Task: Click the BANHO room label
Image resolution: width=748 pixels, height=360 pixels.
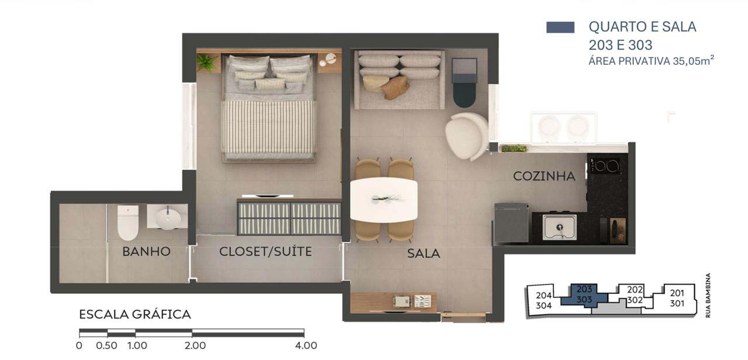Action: pyautogui.click(x=146, y=251)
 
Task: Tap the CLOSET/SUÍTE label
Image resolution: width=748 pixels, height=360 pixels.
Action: pyautogui.click(x=265, y=251)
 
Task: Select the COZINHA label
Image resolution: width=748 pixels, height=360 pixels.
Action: pyautogui.click(x=544, y=176)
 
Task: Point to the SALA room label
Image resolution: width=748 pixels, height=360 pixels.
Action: pyautogui.click(x=424, y=254)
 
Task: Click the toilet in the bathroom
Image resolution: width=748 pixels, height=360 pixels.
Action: pyautogui.click(x=128, y=223)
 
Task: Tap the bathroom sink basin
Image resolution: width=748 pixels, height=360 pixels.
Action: pyautogui.click(x=168, y=219)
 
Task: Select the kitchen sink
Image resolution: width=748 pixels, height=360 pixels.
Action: pyautogui.click(x=559, y=227)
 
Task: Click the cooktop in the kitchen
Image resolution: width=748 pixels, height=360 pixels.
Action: pyautogui.click(x=604, y=165)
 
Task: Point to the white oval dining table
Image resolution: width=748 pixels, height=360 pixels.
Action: pyautogui.click(x=384, y=200)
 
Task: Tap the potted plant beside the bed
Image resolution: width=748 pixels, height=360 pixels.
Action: pyautogui.click(x=206, y=63)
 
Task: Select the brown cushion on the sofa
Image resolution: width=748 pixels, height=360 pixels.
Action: pyautogui.click(x=396, y=88)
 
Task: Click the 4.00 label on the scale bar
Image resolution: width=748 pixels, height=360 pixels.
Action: pyautogui.click(x=306, y=345)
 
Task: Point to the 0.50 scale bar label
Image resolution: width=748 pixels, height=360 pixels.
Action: pyautogui.click(x=106, y=345)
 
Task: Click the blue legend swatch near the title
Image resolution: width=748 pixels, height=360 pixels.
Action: pyautogui.click(x=560, y=27)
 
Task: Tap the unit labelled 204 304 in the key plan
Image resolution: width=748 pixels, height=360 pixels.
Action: pyautogui.click(x=543, y=300)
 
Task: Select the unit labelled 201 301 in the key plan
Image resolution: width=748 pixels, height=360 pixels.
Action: pyautogui.click(x=677, y=299)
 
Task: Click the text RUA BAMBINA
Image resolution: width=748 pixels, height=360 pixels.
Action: pyautogui.click(x=708, y=295)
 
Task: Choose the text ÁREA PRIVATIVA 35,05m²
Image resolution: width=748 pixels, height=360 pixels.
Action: pyautogui.click(x=651, y=61)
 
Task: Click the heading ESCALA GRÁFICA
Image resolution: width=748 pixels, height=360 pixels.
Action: pyautogui.click(x=135, y=314)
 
